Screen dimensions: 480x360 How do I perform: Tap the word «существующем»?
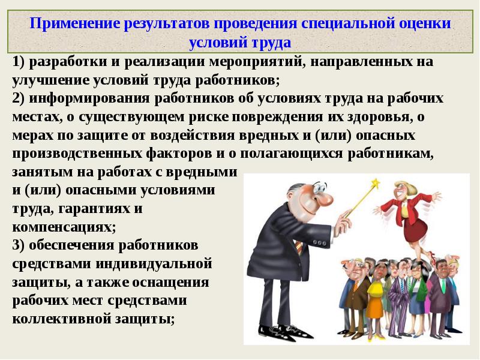[131, 117]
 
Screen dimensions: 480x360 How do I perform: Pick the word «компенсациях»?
[64, 227]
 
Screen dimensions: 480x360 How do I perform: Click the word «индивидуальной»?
[154, 264]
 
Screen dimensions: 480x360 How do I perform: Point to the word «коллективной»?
[62, 319]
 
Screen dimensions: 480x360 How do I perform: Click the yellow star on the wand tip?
[375, 184]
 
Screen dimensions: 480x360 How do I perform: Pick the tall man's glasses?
[319, 187]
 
